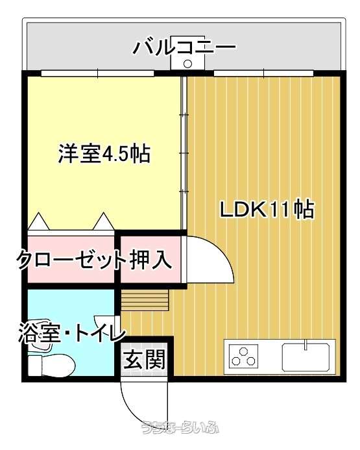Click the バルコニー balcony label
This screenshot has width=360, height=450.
[x=184, y=48]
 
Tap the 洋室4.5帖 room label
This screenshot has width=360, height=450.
[x=104, y=154]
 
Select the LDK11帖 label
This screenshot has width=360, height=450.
[x=267, y=209]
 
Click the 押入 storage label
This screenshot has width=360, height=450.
[x=150, y=260]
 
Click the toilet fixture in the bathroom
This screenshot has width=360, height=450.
[x=52, y=365]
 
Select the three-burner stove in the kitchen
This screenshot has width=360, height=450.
[x=243, y=356]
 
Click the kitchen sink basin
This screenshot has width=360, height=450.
[x=306, y=356]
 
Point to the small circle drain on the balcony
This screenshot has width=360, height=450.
[x=187, y=64]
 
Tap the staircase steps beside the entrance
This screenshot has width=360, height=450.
[x=145, y=300]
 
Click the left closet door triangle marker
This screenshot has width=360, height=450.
[x=39, y=221]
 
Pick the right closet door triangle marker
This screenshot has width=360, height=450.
[x=104, y=221]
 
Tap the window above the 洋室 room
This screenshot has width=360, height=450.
[x=97, y=73]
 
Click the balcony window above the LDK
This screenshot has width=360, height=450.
[x=264, y=73]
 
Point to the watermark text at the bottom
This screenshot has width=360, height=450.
[x=180, y=427]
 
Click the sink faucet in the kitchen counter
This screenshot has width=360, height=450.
[x=306, y=345]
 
